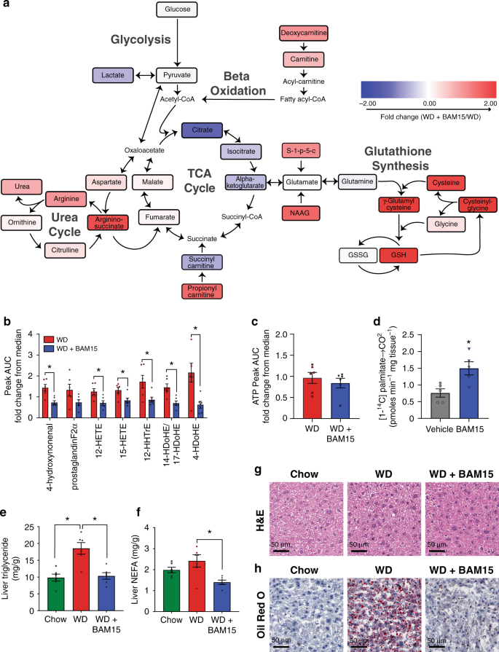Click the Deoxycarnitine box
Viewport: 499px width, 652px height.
click(x=304, y=34)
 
